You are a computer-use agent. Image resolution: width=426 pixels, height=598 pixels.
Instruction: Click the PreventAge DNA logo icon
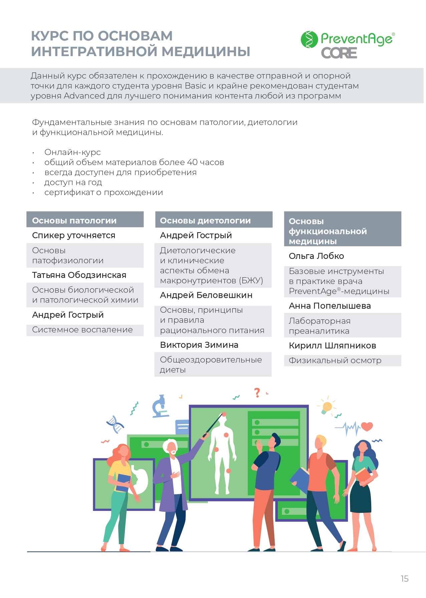point(309,39)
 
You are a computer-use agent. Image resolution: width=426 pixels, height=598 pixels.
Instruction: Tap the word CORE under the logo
point(339,53)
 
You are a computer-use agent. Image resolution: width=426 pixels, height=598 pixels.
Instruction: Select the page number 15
point(404,579)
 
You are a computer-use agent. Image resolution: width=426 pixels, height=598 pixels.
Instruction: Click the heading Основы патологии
point(74,220)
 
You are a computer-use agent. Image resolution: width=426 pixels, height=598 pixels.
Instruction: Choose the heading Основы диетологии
point(205,220)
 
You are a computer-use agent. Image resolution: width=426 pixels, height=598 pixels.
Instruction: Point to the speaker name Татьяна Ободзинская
point(79,275)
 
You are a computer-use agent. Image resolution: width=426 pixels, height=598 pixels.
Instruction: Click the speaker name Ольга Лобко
point(316,256)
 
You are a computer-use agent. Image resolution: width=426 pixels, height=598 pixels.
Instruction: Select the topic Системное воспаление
point(82,330)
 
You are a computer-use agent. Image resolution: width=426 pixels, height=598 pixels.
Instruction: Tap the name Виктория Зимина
point(199,345)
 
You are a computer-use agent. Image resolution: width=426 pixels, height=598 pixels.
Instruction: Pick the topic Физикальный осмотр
point(335,360)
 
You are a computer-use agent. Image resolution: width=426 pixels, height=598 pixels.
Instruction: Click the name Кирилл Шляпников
point(332,345)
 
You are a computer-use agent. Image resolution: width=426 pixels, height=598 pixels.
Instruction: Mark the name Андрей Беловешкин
point(206,295)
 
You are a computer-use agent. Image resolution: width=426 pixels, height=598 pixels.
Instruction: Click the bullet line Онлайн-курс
point(72,152)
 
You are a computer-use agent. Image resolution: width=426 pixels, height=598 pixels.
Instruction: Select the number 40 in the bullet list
point(192,162)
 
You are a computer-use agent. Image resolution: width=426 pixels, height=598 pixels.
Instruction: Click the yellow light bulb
point(327,407)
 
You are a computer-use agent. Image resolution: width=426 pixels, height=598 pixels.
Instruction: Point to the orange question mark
point(257,393)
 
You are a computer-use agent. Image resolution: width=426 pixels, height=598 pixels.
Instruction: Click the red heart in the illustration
point(367,427)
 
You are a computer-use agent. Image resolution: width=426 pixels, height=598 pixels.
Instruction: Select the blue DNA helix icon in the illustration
point(115,424)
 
